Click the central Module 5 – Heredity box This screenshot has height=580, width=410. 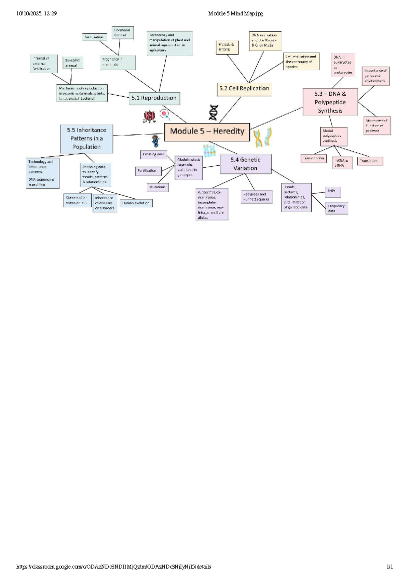click(x=207, y=132)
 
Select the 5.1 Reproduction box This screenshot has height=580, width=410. click(x=154, y=98)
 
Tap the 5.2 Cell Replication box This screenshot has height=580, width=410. click(x=244, y=88)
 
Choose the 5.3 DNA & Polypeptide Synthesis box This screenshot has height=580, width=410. click(x=330, y=102)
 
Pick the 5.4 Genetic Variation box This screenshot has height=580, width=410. click(x=245, y=164)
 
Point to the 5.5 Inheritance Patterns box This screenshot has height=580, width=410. click(x=87, y=139)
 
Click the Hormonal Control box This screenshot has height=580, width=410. click(x=122, y=33)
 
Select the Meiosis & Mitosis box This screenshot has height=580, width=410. click(x=227, y=47)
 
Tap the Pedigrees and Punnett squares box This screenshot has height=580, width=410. click(x=257, y=197)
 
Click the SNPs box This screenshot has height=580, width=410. click(x=332, y=192)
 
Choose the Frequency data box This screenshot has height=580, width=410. click(x=337, y=208)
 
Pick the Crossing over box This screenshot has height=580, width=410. click(x=153, y=154)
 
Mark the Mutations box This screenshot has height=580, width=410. click(x=158, y=187)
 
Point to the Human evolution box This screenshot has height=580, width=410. click(x=136, y=203)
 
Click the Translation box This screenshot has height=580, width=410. click(x=370, y=161)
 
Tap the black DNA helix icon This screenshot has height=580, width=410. click(x=214, y=112)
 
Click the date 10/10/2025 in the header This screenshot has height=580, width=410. click(x=29, y=14)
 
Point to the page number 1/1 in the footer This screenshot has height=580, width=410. click(x=389, y=567)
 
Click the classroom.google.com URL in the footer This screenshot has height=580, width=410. click(x=114, y=567)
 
